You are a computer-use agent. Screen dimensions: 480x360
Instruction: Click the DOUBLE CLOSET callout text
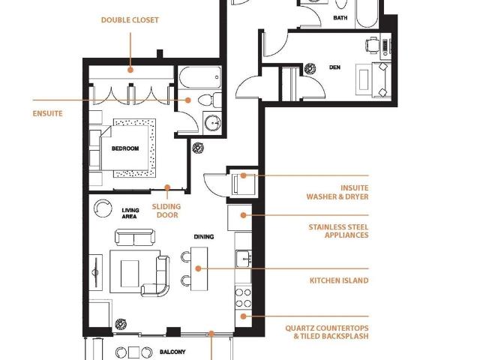[130, 20]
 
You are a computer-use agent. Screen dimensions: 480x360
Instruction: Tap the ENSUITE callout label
[47, 113]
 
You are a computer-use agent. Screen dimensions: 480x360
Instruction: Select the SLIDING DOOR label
[166, 211]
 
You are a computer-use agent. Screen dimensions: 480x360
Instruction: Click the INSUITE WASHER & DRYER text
[337, 192]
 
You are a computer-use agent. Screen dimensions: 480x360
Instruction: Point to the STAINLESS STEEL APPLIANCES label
[338, 231]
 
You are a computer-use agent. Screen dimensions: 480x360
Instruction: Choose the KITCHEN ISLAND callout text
[339, 280]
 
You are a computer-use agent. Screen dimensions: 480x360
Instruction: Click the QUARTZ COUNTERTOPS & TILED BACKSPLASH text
[327, 332]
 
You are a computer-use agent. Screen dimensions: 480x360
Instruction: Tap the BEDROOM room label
[125, 148]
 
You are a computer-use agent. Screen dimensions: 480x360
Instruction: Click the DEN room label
[334, 67]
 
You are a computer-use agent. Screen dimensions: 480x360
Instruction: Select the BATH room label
[340, 18]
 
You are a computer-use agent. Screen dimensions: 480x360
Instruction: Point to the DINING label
[204, 237]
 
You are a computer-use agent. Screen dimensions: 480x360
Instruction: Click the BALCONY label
[172, 352]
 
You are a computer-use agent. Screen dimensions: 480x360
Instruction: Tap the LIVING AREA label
[130, 213]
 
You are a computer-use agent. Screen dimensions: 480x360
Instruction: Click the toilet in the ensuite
[210, 100]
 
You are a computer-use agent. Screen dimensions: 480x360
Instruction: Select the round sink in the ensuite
[212, 123]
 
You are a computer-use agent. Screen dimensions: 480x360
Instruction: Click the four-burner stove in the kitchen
[243, 298]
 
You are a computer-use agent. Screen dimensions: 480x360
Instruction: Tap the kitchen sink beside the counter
[244, 259]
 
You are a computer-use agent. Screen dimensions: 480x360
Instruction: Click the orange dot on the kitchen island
[198, 268]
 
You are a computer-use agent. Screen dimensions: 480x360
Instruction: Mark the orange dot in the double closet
[130, 70]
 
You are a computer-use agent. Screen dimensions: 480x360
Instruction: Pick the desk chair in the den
[372, 45]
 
